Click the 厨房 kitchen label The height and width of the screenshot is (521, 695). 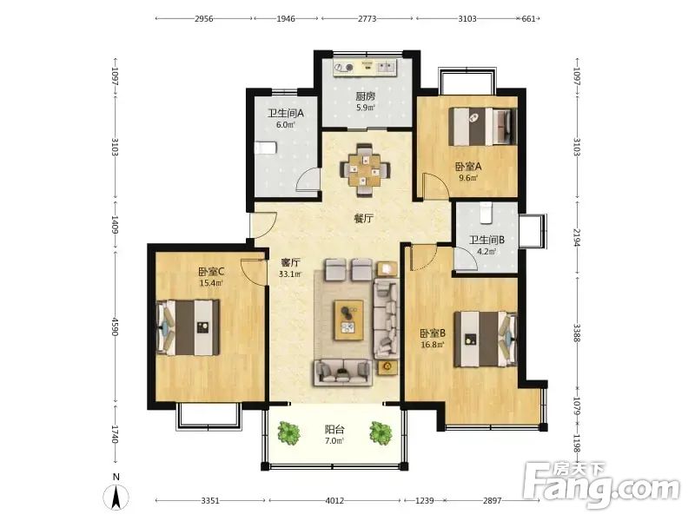coord(366,96)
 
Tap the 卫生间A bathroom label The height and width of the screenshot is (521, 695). coord(286,114)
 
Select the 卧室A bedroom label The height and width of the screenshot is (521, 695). coord(468,167)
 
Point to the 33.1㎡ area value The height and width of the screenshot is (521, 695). coord(290,274)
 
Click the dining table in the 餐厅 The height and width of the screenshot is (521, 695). coord(365,169)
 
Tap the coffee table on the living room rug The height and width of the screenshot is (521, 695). coord(349,320)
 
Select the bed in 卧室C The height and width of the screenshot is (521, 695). coord(189,327)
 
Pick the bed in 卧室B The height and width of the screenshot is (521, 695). coord(486,339)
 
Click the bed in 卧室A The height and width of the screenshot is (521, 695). coord(483,127)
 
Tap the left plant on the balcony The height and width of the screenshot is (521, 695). coord(289,432)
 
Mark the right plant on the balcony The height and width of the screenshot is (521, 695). coord(381,432)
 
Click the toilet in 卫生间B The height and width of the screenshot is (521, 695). coord(486,212)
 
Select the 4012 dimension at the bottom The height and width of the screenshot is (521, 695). coord(334,501)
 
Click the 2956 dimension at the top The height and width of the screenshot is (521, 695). coord(204,18)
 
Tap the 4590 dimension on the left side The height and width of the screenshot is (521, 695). coord(115,326)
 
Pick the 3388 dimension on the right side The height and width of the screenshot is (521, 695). coord(577,333)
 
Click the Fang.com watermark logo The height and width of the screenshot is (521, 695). coord(601,485)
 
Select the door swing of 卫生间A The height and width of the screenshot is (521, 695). coord(308,179)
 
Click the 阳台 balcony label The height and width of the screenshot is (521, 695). coord(334,429)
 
